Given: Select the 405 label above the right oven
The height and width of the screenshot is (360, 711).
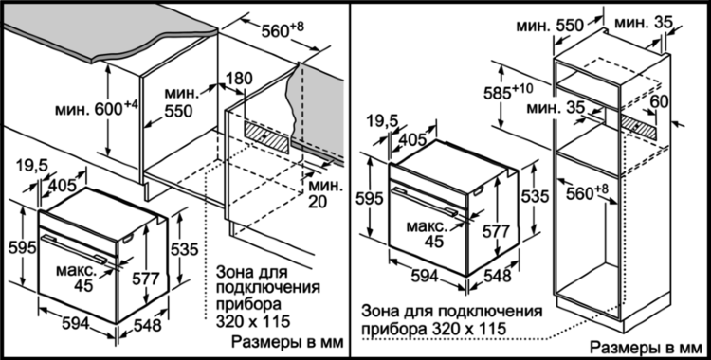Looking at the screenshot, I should tap(410, 139).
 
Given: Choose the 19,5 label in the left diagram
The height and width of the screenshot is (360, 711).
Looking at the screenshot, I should tap(31, 166).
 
